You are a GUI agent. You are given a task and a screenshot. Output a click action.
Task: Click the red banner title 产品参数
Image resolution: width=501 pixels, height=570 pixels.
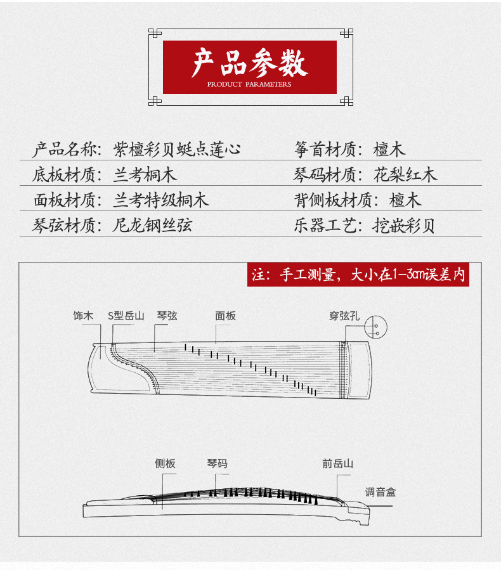pyautogui.click(x=249, y=62)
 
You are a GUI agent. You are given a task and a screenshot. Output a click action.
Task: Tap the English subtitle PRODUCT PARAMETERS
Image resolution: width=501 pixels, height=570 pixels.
pyautogui.click(x=249, y=84)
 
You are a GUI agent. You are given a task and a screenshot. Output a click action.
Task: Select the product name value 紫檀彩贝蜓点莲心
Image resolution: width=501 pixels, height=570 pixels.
pyautogui.click(x=177, y=150)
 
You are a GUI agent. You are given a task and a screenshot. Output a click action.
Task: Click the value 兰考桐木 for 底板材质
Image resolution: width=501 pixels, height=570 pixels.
pyautogui.click(x=145, y=175)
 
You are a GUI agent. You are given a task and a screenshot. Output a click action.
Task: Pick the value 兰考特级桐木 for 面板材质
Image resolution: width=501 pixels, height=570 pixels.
pyautogui.click(x=160, y=201)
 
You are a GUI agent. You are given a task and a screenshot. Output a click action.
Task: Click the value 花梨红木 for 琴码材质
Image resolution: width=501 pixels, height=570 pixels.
pyautogui.click(x=405, y=175)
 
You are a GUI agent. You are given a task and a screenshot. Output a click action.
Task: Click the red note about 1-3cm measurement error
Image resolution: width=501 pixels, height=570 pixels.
pyautogui.click(x=358, y=275)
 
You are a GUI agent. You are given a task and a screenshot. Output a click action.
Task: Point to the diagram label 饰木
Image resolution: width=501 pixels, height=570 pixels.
pyautogui.click(x=83, y=316)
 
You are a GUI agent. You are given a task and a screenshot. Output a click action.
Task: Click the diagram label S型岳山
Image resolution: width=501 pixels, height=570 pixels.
pyautogui.click(x=126, y=316)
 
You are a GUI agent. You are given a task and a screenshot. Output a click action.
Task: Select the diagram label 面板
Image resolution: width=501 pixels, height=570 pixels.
pyautogui.click(x=225, y=316)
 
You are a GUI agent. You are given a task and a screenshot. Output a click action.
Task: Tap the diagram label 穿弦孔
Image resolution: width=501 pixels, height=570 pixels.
pyautogui.click(x=344, y=316)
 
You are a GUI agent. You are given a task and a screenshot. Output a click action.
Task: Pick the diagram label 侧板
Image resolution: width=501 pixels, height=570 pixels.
pyautogui.click(x=165, y=463)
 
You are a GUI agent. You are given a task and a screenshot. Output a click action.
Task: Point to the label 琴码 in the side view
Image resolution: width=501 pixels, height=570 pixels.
pyautogui.click(x=217, y=463)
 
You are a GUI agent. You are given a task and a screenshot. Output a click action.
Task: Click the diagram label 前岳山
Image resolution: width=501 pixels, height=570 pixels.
pyautogui.click(x=337, y=463)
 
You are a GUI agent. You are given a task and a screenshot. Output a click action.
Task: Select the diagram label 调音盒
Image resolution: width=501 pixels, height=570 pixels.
pyautogui.click(x=381, y=491)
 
